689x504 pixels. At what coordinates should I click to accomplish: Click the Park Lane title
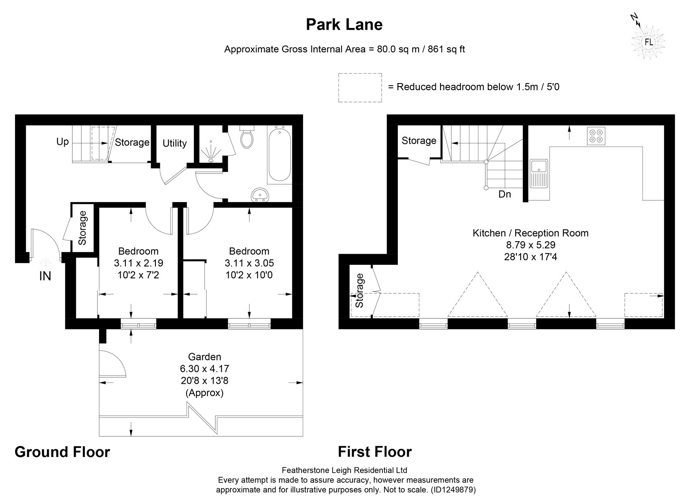[344, 25]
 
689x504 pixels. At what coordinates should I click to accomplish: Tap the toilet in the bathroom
[247, 137]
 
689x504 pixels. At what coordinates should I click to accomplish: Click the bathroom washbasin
[260, 195]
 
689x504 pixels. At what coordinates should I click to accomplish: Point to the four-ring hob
[596, 136]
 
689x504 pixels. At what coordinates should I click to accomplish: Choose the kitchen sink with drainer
[539, 174]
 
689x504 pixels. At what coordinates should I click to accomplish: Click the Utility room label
[175, 143]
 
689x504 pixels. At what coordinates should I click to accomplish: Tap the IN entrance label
[45, 276]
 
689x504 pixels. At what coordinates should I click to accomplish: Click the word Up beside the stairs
[62, 142]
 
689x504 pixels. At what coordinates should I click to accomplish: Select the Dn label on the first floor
[505, 194]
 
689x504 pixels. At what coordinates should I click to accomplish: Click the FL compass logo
[649, 42]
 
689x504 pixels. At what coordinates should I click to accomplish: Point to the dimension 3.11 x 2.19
[138, 263]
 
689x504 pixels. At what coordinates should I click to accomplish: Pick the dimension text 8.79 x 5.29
[531, 245]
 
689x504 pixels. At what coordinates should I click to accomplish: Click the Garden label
[205, 357]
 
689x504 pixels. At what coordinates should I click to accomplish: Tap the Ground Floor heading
[62, 452]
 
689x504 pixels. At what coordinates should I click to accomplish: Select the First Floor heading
[375, 452]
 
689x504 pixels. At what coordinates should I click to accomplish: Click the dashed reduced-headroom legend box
[360, 88]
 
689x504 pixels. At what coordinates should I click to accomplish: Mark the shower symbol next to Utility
[211, 151]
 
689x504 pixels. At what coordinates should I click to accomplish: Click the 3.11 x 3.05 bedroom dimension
[249, 263]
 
